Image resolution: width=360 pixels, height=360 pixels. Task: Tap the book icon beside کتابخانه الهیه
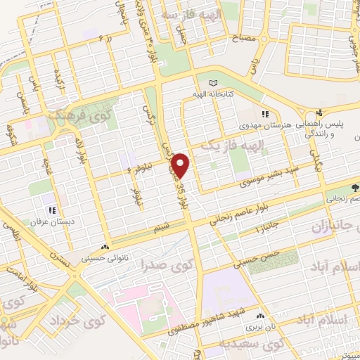pos(214,82)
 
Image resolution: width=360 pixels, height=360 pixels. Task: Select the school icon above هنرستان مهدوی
pos(264,115)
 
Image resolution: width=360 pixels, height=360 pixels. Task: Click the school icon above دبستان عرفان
pos(51,210)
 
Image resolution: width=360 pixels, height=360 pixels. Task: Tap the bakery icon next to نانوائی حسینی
pos(105,247)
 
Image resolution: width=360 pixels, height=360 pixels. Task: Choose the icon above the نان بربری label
pos(261,317)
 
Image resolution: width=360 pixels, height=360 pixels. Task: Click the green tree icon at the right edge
pos(355,188)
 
